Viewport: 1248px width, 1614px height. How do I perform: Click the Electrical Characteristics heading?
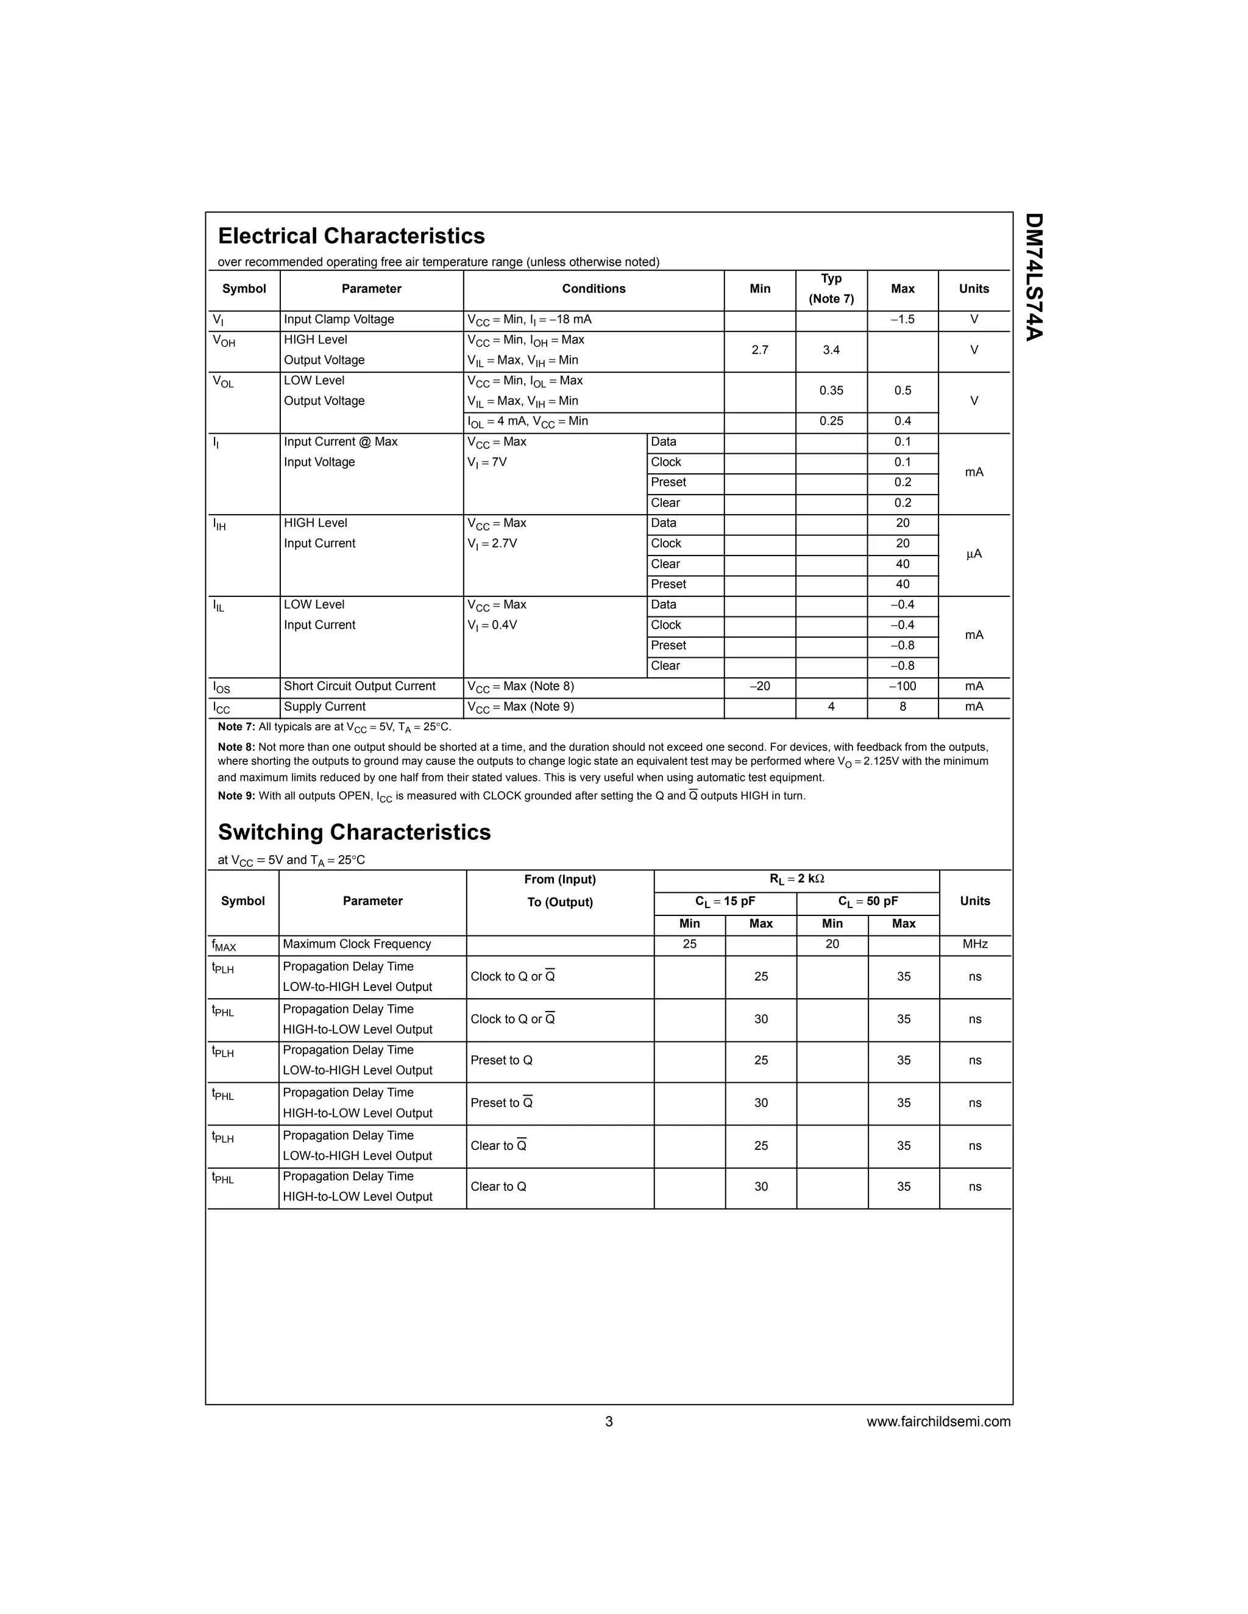[351, 236]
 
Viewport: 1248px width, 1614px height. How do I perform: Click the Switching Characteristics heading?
[354, 832]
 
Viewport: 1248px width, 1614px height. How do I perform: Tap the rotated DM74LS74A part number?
[1033, 277]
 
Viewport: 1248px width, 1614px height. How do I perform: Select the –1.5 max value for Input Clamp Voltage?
[902, 319]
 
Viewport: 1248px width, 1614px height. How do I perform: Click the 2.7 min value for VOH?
[760, 350]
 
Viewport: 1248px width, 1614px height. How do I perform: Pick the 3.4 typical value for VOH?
[831, 350]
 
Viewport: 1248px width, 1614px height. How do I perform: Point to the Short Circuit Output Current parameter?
[360, 686]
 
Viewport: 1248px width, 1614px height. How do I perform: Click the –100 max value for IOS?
[902, 686]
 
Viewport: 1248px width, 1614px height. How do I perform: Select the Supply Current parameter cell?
[325, 707]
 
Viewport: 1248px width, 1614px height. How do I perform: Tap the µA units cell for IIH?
[974, 554]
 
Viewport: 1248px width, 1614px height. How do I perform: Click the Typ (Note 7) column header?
[831, 289]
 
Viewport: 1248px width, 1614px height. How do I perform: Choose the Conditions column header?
[593, 289]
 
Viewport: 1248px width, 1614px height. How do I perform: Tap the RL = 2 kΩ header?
[796, 879]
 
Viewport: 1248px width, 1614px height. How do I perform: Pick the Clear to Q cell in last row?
[498, 1187]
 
